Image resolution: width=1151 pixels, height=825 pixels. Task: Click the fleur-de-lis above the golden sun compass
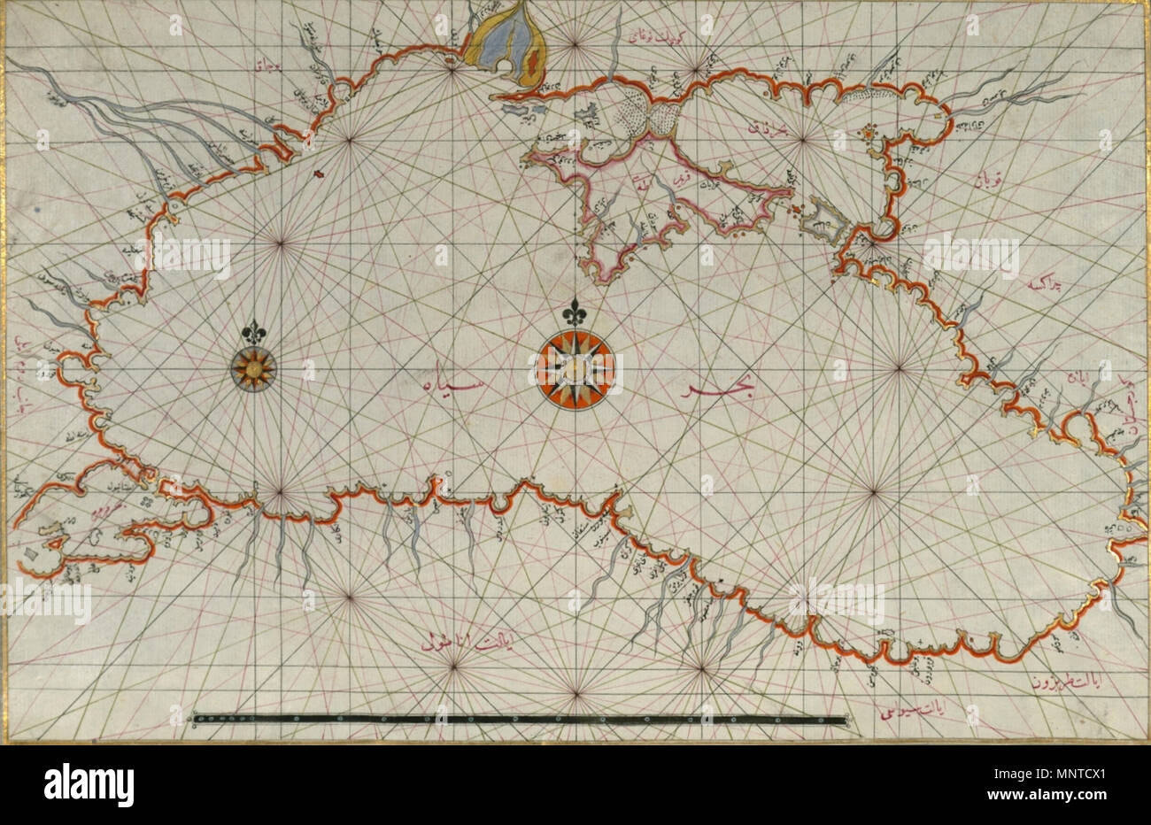click(x=254, y=328)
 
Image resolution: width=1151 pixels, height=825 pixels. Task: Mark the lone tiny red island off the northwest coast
click(x=318, y=174)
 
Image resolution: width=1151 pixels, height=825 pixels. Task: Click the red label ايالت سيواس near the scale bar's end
click(x=904, y=710)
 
